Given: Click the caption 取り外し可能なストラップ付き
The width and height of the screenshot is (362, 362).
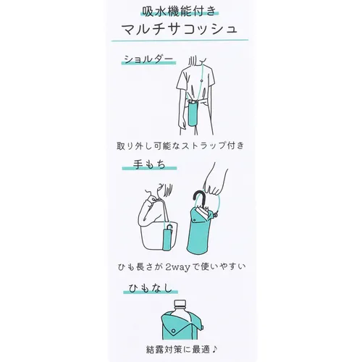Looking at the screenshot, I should click(180, 146).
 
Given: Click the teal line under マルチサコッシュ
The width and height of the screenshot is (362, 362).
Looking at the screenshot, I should click(180, 43).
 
